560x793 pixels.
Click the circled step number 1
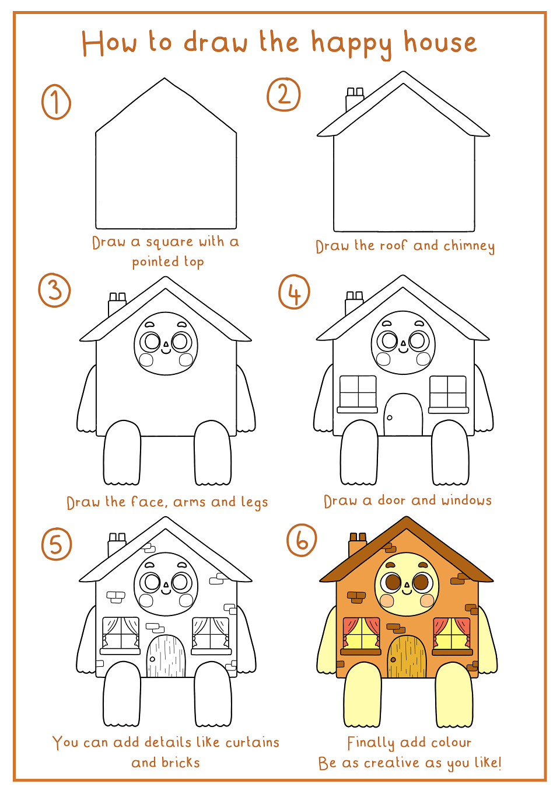point(56,102)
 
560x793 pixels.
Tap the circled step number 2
point(283,95)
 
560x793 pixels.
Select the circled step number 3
point(54,290)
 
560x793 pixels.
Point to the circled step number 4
point(294,291)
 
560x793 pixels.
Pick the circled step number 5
point(57,544)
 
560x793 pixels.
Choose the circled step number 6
point(302,540)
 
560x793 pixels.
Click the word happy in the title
point(351,44)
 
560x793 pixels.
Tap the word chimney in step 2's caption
point(469,246)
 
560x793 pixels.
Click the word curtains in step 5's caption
point(253,742)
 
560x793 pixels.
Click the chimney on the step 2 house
point(354,99)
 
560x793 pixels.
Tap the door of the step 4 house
point(403,414)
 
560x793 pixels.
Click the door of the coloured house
point(407,656)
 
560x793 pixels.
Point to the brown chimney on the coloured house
point(358,544)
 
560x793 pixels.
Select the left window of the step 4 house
point(358,394)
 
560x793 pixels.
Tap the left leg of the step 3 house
point(122,453)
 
